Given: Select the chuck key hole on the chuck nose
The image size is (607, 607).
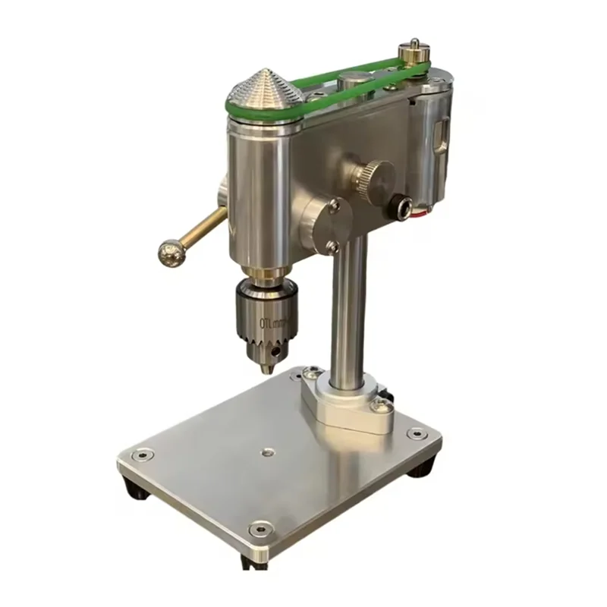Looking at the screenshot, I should tap(283, 346).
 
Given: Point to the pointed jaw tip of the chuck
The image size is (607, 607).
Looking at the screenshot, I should tap(266, 370).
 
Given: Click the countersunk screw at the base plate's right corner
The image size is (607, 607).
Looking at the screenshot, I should tap(415, 435).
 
